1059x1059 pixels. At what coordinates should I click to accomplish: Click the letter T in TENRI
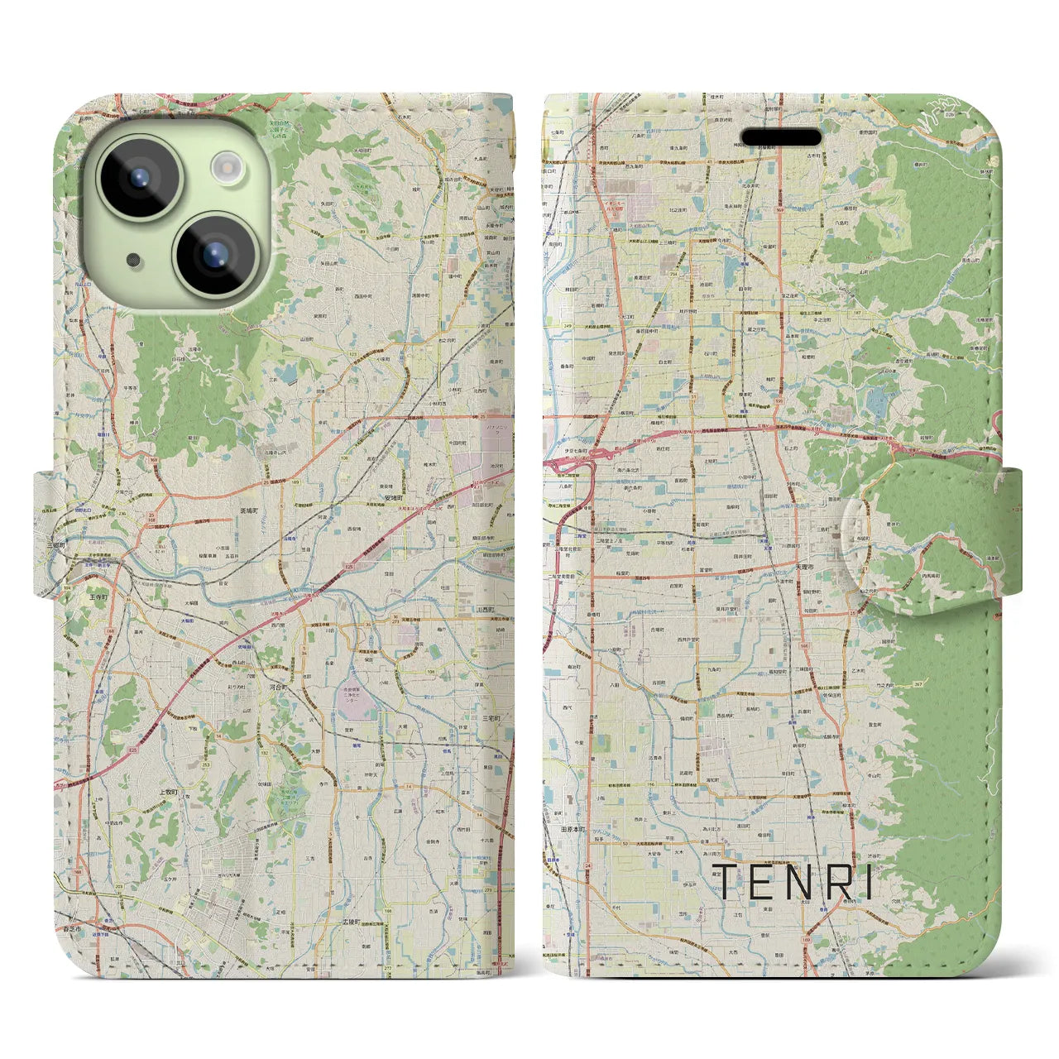click(x=722, y=882)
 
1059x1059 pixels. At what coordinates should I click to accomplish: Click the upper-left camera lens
click(x=138, y=176)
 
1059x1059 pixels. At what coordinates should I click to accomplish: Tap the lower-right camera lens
click(x=214, y=252)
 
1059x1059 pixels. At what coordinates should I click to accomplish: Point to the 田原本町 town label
click(x=570, y=828)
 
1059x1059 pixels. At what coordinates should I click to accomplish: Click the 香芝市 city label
click(x=73, y=929)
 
